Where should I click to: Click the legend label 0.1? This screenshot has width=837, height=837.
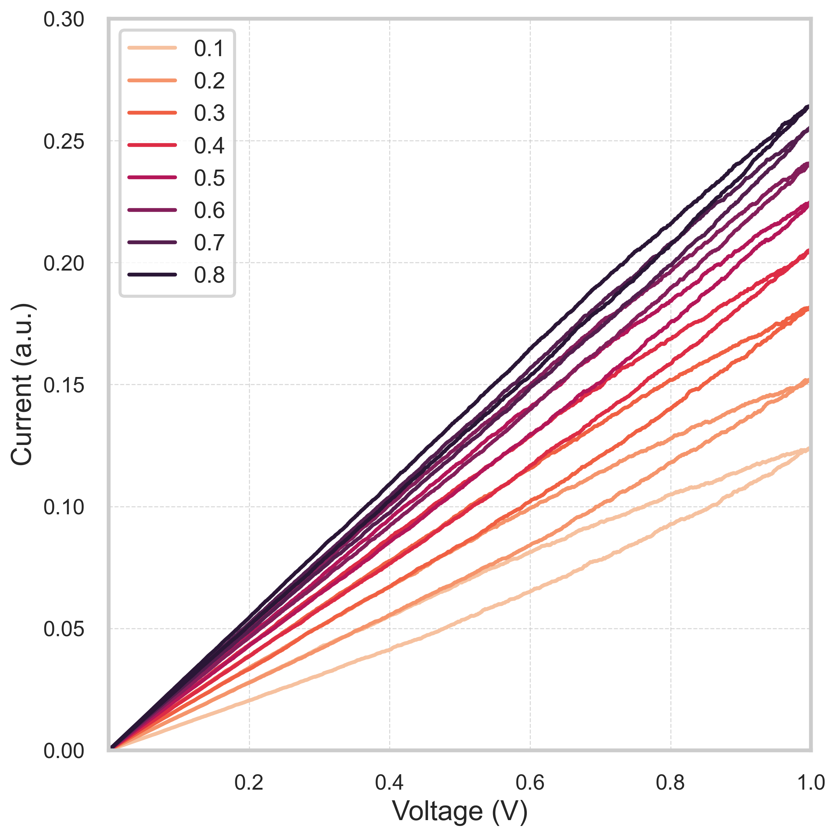coord(209,48)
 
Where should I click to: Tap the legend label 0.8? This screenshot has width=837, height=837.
coord(209,275)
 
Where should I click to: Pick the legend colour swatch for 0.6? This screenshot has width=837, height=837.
coord(152,210)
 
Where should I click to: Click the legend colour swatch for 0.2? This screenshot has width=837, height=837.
coord(152,80)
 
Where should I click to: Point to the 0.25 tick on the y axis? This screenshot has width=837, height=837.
coord(63,141)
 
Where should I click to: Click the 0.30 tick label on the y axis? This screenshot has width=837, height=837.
coord(63,20)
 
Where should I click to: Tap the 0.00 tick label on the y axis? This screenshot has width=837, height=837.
coord(63,751)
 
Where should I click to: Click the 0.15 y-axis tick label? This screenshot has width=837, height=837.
coord(63,385)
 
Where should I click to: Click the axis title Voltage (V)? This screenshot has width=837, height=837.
coord(460,811)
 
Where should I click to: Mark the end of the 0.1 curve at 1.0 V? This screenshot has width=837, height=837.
coord(808,449)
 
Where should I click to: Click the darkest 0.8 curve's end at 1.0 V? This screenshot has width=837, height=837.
coord(808,106)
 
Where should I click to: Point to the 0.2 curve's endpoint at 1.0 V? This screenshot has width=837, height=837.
coord(808,380)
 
